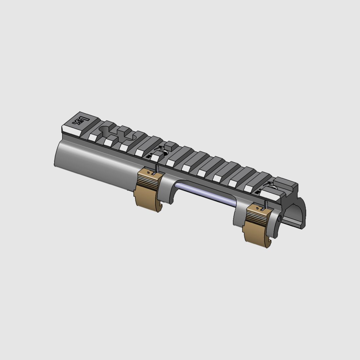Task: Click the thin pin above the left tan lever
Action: (157, 168)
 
